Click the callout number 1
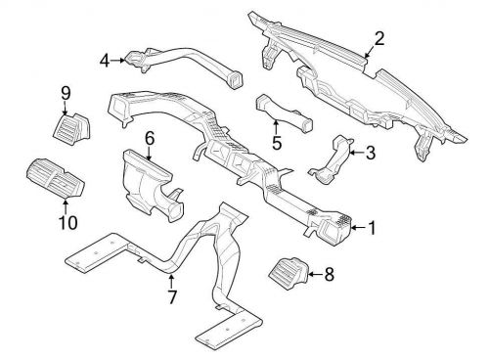(x=372, y=228)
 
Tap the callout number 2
(x=379, y=38)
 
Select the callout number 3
(x=371, y=153)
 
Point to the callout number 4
(x=105, y=61)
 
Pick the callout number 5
(x=277, y=143)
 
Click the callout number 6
(x=149, y=139)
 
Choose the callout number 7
(x=172, y=296)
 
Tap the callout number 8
(x=330, y=274)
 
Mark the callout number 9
(x=66, y=94)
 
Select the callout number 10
(x=68, y=223)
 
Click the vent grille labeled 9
(x=71, y=127)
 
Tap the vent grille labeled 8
(x=289, y=273)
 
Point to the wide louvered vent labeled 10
(x=56, y=179)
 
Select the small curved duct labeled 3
(x=331, y=159)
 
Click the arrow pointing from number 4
(x=117, y=61)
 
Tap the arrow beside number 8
(x=316, y=274)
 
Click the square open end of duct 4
(x=235, y=79)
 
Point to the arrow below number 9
(x=66, y=108)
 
